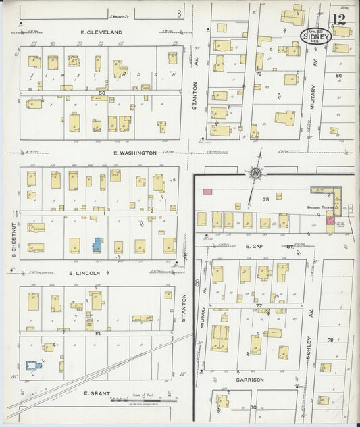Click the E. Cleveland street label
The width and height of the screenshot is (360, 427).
101,32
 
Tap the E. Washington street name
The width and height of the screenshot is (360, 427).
135,153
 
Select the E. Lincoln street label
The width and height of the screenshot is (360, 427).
84,273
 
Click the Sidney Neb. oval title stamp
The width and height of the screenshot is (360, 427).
315,36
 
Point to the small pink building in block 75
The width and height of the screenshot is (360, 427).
208,192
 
